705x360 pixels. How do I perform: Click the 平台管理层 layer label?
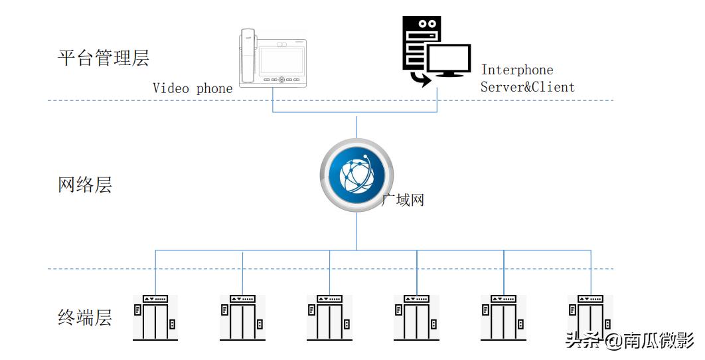coord(104,58)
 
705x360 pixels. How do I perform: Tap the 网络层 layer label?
coord(85,185)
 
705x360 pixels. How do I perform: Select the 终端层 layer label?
coord(85,317)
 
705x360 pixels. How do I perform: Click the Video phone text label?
coord(193,88)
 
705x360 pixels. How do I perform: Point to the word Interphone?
coord(517,70)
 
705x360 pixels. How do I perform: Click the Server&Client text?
coord(527,87)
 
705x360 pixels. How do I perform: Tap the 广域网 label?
coord(403,199)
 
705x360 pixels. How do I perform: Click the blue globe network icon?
coord(357,175)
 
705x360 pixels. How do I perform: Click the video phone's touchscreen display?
coord(282,60)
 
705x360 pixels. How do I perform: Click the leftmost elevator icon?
coord(155,317)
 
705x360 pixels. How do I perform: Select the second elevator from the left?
coord(242,317)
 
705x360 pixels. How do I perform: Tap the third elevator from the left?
coord(329,317)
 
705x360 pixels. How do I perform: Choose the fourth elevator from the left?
coord(416,317)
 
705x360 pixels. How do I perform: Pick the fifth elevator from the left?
coord(503,317)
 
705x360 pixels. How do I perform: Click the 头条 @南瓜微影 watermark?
coord(629,341)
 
